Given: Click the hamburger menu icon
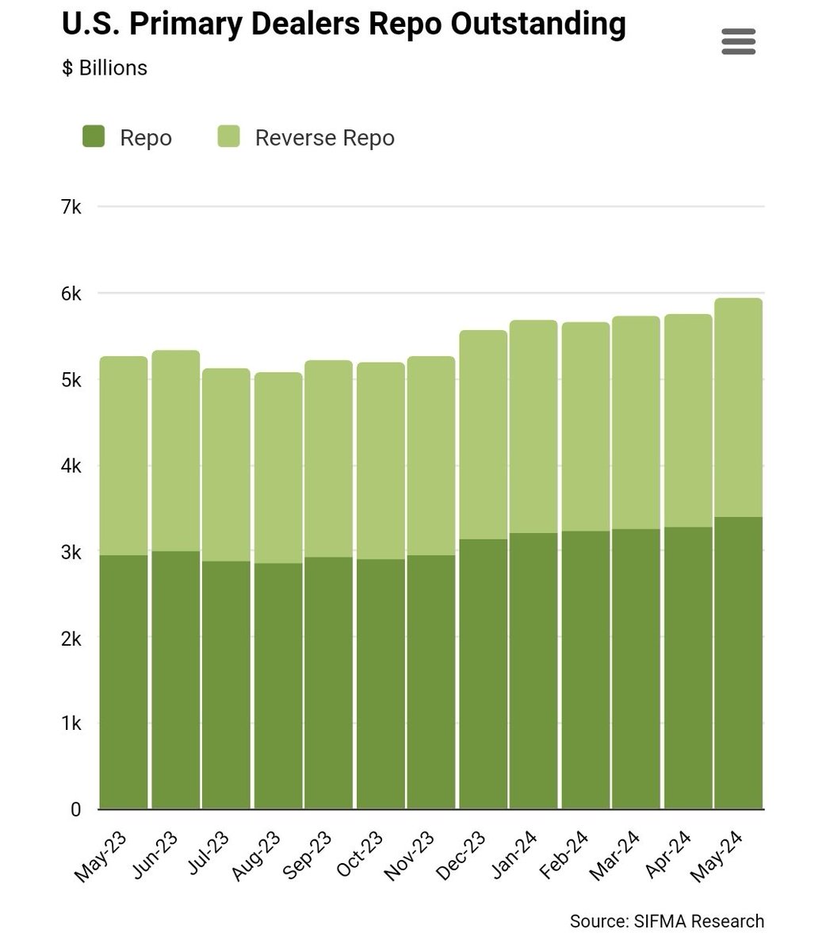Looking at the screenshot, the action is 738,41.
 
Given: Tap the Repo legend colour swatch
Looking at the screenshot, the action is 94,136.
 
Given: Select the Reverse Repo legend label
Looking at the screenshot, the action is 324,138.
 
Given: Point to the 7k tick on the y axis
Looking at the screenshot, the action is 71,206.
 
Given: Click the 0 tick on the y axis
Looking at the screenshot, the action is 76,810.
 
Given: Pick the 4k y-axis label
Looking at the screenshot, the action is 71,466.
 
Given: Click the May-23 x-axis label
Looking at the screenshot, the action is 99,857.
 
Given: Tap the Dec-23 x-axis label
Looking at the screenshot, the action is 461,855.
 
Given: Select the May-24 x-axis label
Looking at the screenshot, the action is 716,857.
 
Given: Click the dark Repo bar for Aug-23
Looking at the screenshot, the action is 278,686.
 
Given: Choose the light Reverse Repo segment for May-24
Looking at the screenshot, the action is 738,407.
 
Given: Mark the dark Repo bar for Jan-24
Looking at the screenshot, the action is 533,670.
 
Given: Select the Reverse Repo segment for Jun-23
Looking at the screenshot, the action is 176,451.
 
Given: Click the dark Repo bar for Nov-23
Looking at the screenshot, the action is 431,681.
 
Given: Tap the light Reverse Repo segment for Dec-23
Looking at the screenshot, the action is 483,435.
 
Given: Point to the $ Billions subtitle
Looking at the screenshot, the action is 105,68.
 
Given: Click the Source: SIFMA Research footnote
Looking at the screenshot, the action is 667,921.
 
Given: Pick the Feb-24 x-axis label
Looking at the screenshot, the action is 564,855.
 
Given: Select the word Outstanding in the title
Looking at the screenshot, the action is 537,24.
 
